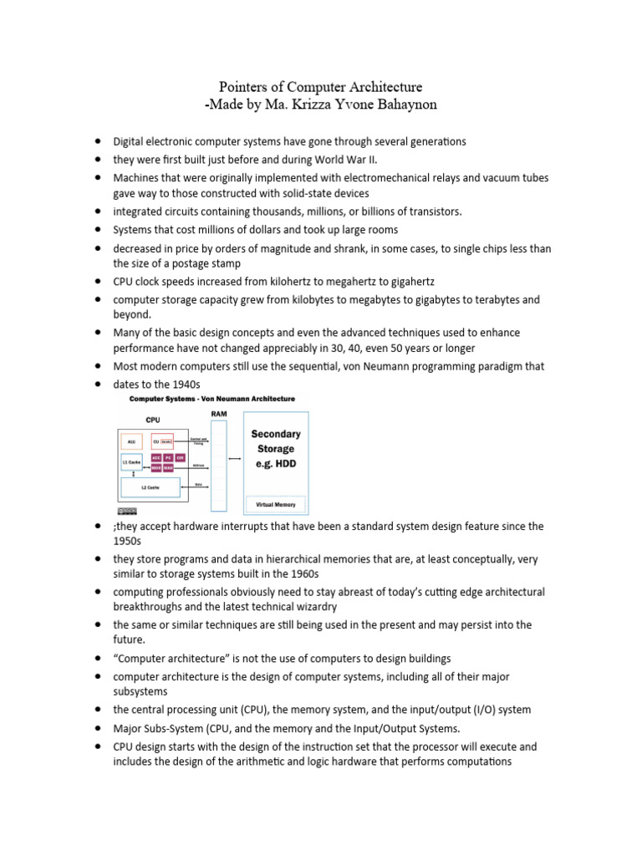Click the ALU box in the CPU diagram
(x=130, y=441)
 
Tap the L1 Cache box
(x=130, y=461)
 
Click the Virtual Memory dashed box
(x=275, y=504)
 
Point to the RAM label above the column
(x=219, y=412)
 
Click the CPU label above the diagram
(x=153, y=420)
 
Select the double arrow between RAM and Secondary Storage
(x=236, y=458)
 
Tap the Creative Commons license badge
(x=127, y=510)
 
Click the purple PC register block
(x=167, y=457)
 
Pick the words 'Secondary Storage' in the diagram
(x=275, y=441)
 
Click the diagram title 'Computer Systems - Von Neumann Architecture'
(x=211, y=400)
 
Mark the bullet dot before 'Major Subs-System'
(x=98, y=727)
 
